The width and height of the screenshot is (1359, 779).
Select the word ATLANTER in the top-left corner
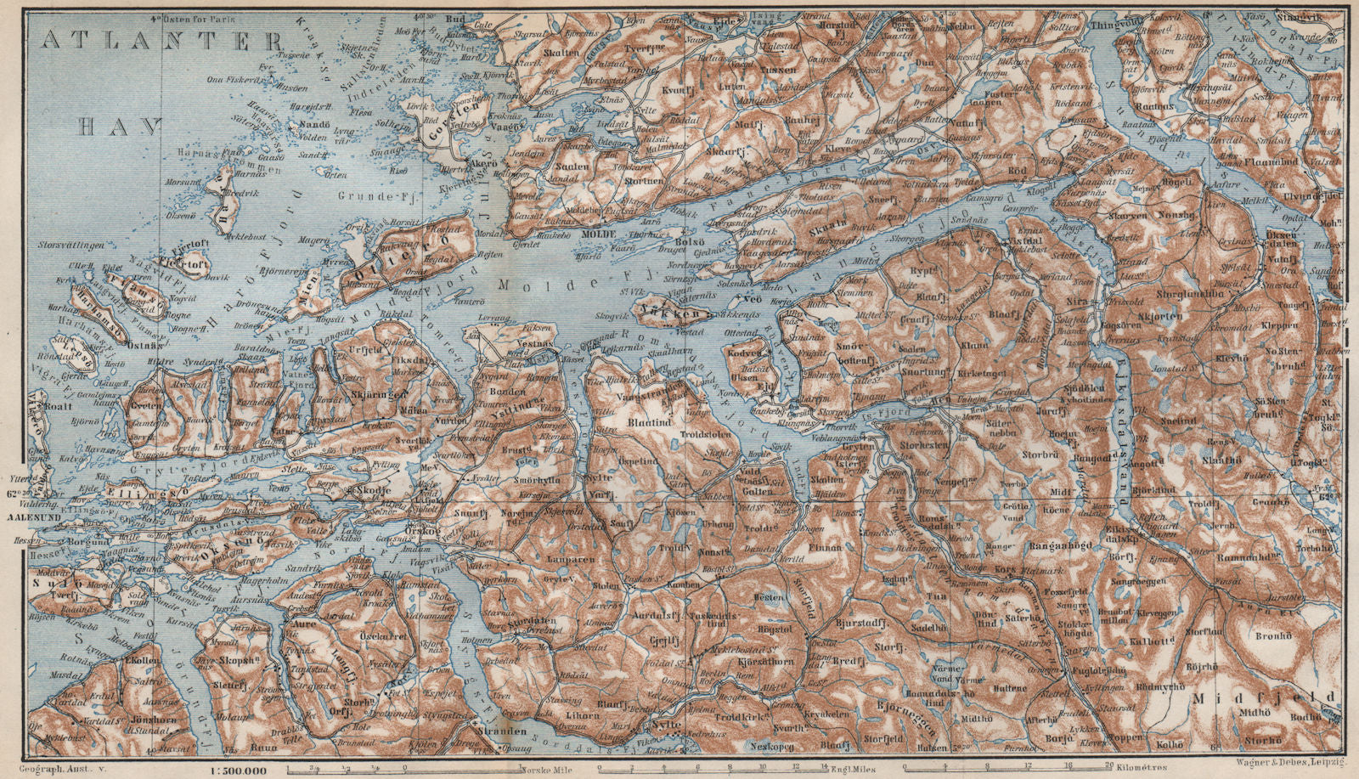(x=161, y=39)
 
